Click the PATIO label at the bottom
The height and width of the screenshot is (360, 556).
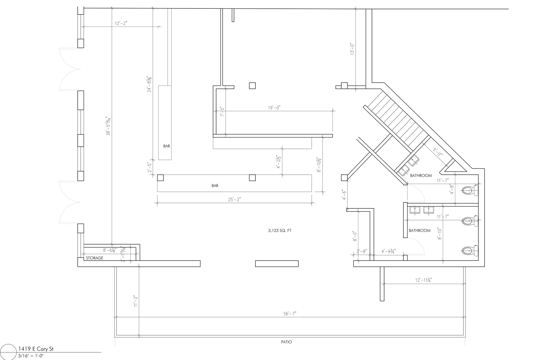(x=286, y=342)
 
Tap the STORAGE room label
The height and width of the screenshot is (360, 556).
(x=94, y=258)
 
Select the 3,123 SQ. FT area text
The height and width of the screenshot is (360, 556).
(x=280, y=231)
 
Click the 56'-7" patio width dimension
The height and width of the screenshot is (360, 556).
(x=290, y=314)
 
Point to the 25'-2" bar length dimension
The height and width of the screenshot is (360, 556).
(x=234, y=200)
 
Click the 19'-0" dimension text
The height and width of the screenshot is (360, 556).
(x=274, y=108)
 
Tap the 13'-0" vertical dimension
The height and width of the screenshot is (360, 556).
(x=352, y=49)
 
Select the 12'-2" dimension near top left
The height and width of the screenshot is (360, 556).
(x=121, y=24)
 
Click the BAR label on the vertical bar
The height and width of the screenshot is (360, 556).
(x=167, y=146)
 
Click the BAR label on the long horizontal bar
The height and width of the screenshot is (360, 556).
(x=215, y=186)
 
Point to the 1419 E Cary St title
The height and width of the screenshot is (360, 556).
(x=36, y=349)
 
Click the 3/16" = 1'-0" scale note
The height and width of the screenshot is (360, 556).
(x=31, y=356)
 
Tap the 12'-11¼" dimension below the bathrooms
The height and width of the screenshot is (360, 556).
(x=424, y=280)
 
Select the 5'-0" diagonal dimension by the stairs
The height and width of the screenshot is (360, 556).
(x=437, y=152)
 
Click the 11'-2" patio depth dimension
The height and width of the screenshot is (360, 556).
(x=136, y=301)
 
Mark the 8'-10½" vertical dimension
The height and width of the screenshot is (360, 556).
(x=319, y=164)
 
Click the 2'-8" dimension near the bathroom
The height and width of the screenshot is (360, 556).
(x=362, y=252)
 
